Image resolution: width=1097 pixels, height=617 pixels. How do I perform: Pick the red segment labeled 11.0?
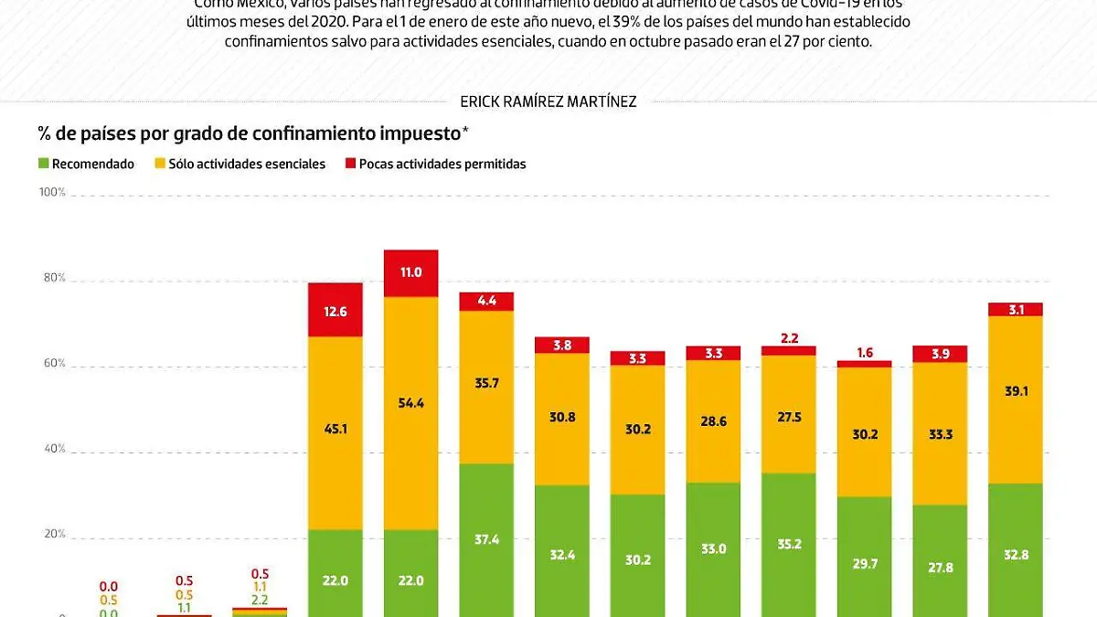pos(410,272)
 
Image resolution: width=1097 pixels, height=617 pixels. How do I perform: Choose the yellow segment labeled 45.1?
pos(335,432)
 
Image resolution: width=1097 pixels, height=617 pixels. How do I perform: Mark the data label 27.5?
pos(788,416)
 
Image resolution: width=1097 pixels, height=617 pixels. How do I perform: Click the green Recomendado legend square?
pos(43,165)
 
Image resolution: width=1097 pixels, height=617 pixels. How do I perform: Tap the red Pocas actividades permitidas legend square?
pos(349,165)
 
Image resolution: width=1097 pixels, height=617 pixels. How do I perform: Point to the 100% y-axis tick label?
pos(51,193)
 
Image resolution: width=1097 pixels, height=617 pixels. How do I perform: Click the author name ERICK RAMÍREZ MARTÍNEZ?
pos(549,101)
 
